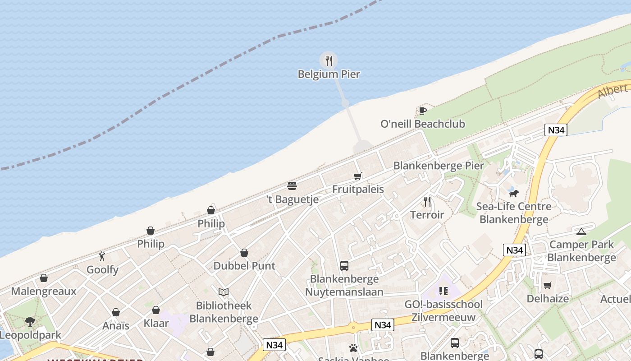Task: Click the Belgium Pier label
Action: [x=329, y=74]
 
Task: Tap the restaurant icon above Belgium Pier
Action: [x=329, y=60]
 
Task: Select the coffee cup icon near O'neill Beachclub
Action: [x=422, y=111]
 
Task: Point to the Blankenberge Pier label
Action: [x=438, y=166]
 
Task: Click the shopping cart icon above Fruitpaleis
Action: [x=358, y=176]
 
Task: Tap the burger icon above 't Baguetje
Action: [x=292, y=185]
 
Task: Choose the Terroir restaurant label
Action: [x=427, y=215]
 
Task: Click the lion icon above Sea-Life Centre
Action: [x=513, y=194]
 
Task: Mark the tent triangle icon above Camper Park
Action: [x=581, y=232]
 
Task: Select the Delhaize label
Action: [x=548, y=298]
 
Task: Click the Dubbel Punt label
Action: [x=244, y=266]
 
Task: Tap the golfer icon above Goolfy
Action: [x=102, y=256]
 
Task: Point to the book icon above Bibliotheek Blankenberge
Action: [x=224, y=292]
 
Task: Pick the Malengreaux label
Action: [x=44, y=291]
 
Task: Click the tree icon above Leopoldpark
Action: [x=30, y=322]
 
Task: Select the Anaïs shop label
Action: [x=116, y=325]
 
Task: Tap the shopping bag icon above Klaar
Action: [x=156, y=310]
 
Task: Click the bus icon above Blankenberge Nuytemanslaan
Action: [x=344, y=265]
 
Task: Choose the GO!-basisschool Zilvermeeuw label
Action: [x=443, y=310]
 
